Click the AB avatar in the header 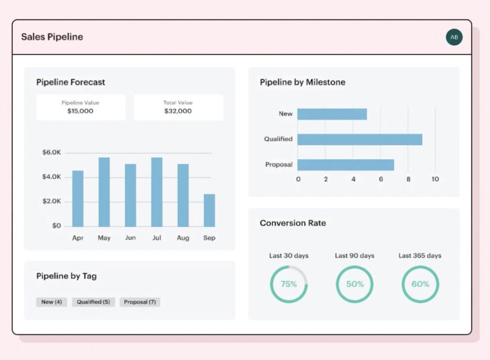coord(454,37)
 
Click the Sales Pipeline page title coord(52,37)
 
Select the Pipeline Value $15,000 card coord(81,107)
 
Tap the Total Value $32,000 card coord(178,107)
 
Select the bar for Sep coord(209,210)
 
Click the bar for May coord(104,192)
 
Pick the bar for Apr coord(78,199)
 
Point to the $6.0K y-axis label coord(52,152)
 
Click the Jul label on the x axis coord(156,238)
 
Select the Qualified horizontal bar coord(359,139)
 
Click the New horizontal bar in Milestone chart coord(332,114)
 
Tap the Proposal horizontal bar coord(345,165)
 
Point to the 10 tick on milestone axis coord(435,179)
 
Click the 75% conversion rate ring coord(289,284)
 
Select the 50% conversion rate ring coord(354,284)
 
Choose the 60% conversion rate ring coord(420,284)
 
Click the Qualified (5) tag coord(93,302)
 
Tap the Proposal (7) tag coord(140,302)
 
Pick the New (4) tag coord(52,302)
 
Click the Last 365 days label coord(420,256)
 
